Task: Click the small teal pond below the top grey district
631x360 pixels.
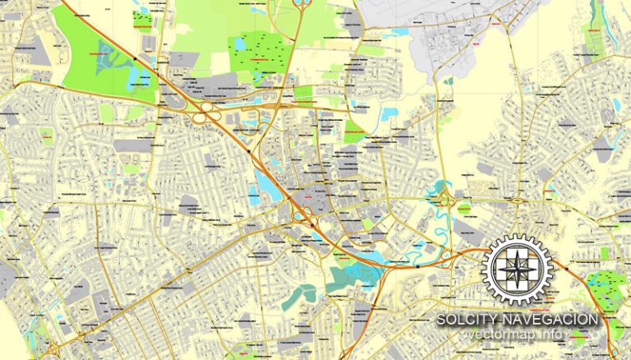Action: (449, 81)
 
